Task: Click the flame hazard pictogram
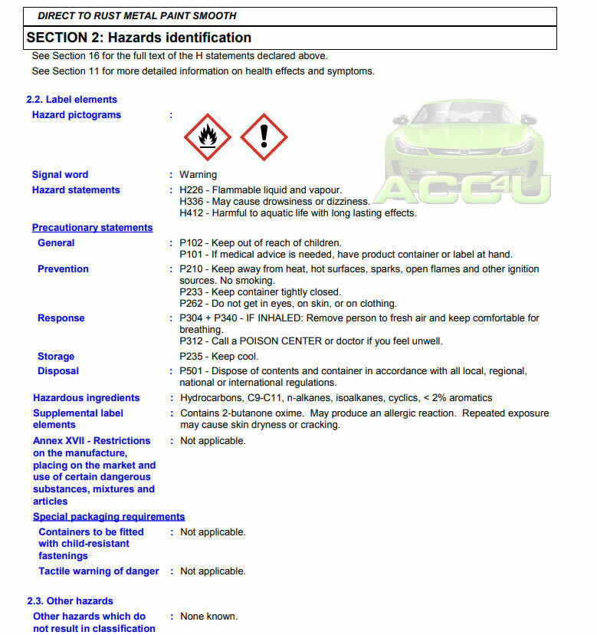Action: [x=207, y=137]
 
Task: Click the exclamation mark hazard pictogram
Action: [x=264, y=137]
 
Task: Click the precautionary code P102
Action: [x=192, y=243]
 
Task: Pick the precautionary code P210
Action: [x=192, y=269]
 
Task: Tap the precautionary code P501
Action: [x=192, y=371]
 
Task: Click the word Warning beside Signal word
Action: [x=198, y=175]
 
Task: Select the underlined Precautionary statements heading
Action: [x=92, y=228]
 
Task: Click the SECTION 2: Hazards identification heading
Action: [x=139, y=38]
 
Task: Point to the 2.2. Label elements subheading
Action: [x=72, y=100]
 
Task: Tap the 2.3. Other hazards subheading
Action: [x=70, y=601]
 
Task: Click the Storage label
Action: [x=56, y=357]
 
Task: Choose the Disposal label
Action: [x=58, y=371]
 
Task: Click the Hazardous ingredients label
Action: [x=86, y=398]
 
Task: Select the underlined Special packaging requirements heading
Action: [x=109, y=517]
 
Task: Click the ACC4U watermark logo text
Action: [x=466, y=189]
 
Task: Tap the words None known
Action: [x=208, y=617]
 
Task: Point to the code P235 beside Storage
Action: [x=192, y=357]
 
